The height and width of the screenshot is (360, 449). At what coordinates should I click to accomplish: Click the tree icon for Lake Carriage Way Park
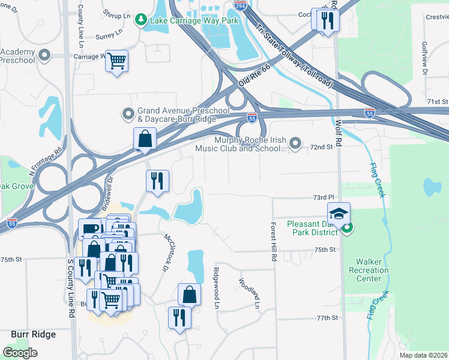[x=141, y=20]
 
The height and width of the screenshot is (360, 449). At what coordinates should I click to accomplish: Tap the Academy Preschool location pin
[x=44, y=56]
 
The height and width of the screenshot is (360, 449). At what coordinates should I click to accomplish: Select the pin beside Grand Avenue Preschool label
[x=128, y=113]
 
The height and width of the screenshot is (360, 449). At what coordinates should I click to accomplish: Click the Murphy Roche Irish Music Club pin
[x=295, y=143]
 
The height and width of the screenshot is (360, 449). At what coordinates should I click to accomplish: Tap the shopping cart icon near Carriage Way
[x=116, y=60]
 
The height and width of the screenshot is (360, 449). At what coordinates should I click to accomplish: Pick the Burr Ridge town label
[x=34, y=334]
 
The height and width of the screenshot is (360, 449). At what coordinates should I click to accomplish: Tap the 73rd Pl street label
[x=322, y=197]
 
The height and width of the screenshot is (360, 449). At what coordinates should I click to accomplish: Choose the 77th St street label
[x=328, y=317]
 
